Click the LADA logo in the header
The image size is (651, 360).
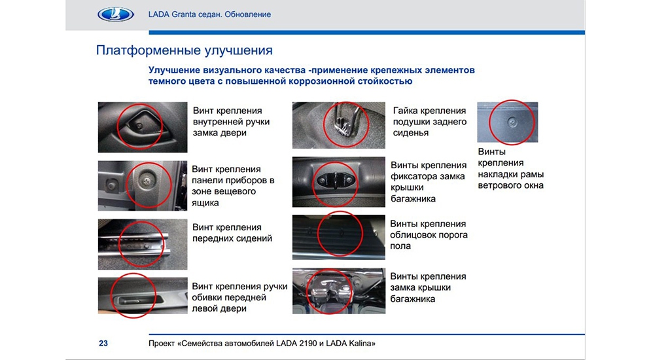[x=115, y=14]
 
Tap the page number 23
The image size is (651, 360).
[x=103, y=344]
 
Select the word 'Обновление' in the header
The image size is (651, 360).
[x=248, y=14]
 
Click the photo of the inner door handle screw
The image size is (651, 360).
[x=143, y=127]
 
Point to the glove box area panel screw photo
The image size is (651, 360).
[x=143, y=186]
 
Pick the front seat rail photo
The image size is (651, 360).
[x=143, y=244]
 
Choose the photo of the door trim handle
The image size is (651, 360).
[x=143, y=295]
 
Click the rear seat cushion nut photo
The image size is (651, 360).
[x=338, y=125]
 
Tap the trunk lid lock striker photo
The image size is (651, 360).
[x=338, y=182]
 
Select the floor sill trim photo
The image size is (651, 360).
[x=338, y=237]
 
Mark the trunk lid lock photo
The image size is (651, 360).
[x=338, y=291]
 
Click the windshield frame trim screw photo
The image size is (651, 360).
[x=507, y=122]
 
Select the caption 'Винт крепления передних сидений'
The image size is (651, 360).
[x=232, y=233]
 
